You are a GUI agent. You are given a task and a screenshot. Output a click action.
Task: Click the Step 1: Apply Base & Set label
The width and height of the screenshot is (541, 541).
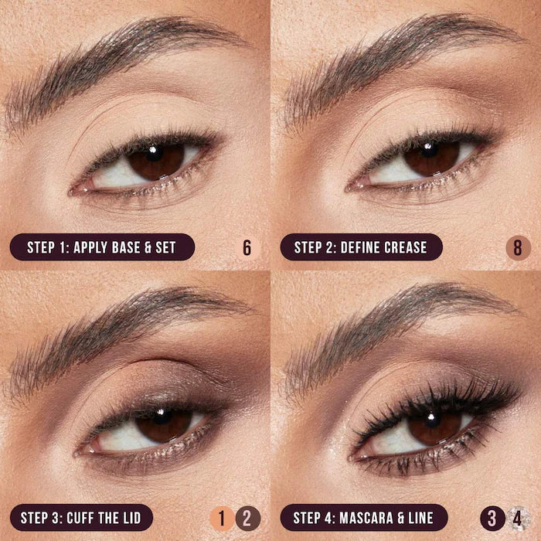tap(101, 247)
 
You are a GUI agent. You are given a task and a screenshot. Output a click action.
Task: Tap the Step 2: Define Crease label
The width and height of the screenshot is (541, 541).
tap(361, 247)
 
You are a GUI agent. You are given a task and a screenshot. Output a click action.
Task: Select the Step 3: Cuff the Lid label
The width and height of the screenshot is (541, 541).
tap(81, 517)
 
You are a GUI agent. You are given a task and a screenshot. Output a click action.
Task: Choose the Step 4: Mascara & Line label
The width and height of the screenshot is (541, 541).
tap(364, 517)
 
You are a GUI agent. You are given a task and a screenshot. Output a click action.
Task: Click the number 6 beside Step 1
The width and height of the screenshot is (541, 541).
tap(247, 248)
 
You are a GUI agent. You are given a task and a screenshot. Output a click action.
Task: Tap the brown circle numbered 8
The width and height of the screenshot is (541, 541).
tap(518, 248)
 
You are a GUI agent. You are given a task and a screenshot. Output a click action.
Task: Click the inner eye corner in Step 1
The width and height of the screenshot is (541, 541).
tap(75, 189)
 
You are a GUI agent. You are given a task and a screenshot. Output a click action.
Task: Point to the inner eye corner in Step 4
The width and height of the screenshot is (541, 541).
tap(353, 454)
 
